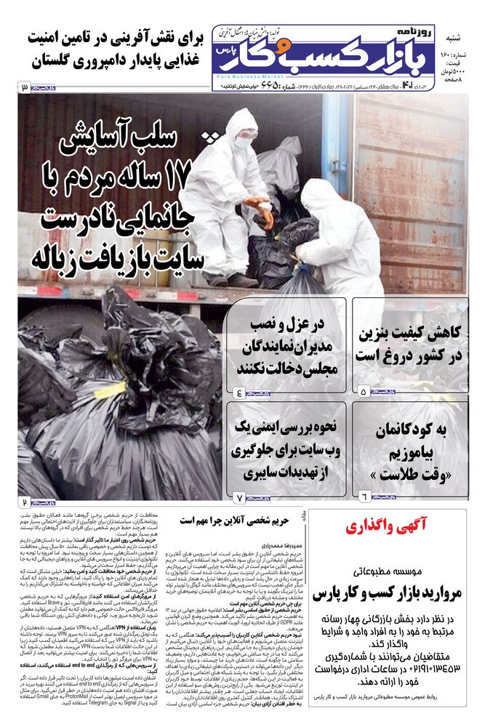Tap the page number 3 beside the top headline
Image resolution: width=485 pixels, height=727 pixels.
click(25, 88)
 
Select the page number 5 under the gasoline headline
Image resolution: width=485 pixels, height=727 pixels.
click(364, 391)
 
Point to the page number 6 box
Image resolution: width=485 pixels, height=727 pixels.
click(364, 496)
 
